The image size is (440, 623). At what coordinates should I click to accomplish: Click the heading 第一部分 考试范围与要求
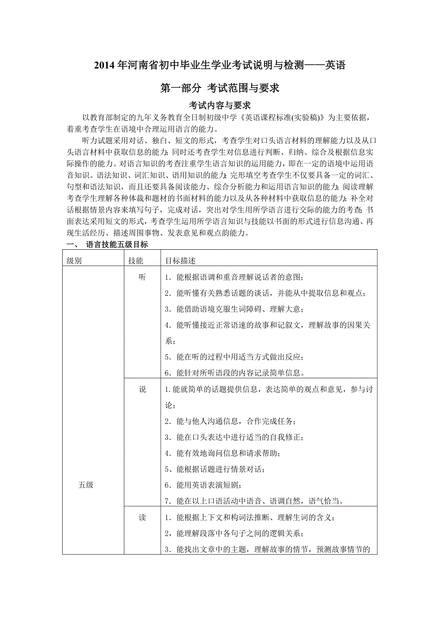tap(220, 88)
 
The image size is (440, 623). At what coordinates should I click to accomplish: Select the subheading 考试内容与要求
tap(220, 105)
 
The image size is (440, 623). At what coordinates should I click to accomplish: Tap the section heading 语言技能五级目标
tap(117, 245)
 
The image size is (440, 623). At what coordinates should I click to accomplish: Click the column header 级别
tap(74, 261)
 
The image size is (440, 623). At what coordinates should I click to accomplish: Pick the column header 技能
tap(135, 261)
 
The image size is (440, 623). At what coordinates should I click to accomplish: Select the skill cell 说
tap(142, 389)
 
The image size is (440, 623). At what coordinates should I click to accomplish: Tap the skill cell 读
tap(142, 518)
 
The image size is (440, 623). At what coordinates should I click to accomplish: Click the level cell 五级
tap(86, 485)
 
